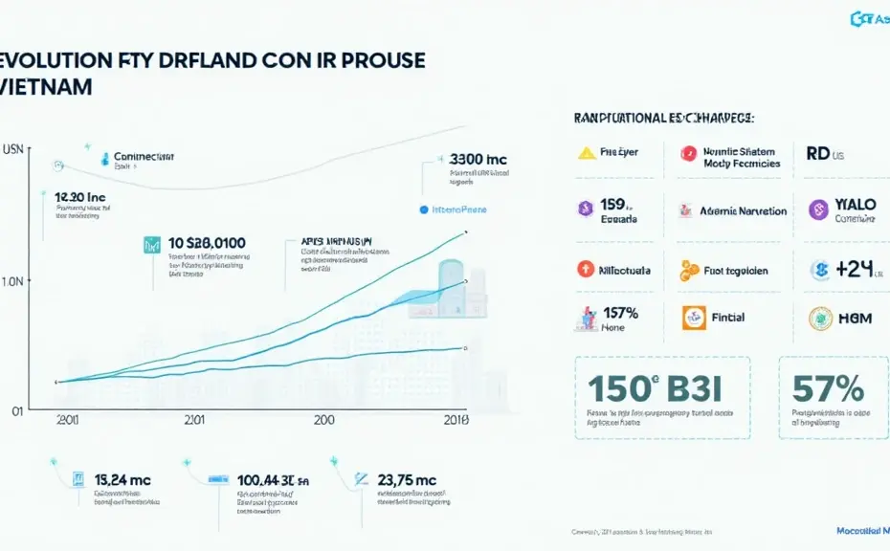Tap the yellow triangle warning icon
[586, 152]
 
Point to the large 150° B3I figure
[651, 388]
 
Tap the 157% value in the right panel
[619, 312]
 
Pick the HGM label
[854, 319]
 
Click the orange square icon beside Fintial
[694, 318]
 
